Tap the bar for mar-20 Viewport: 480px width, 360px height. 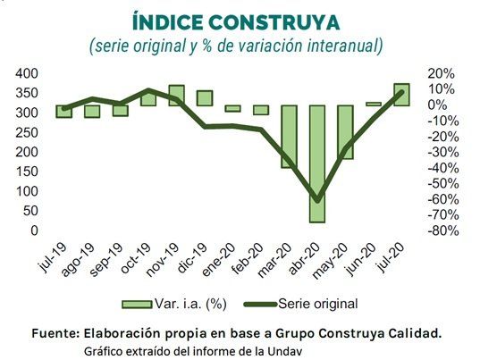(x=289, y=136)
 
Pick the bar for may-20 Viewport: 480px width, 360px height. (x=345, y=132)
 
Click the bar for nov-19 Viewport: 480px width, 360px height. (x=176, y=96)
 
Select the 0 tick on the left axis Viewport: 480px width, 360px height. (x=34, y=230)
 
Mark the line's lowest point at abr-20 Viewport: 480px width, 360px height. (x=316, y=199)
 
